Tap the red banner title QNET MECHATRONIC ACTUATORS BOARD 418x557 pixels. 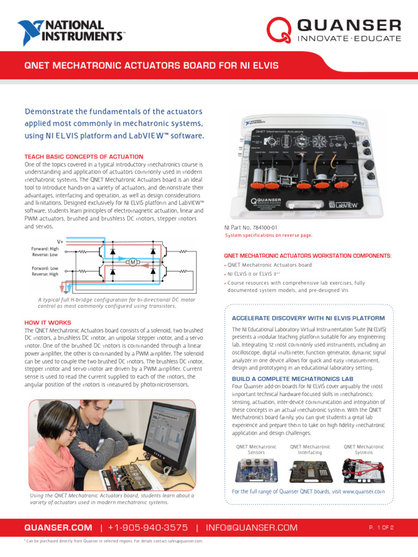(x=152, y=66)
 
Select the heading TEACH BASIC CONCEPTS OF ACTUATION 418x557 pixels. (x=84, y=157)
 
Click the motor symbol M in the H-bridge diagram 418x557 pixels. (x=132, y=263)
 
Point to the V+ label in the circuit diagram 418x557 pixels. (x=60, y=241)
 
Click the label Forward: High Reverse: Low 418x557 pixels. (x=45, y=252)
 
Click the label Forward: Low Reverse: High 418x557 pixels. (x=45, y=271)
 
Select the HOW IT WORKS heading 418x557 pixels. (x=48, y=323)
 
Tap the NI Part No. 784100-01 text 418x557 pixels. (x=251, y=227)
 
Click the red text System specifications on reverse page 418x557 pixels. (x=269, y=236)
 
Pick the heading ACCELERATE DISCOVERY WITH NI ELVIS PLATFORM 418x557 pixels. (x=308, y=318)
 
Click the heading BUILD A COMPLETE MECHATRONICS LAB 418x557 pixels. (x=293, y=378)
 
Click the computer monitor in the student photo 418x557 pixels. (x=169, y=435)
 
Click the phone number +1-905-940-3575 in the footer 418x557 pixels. (x=148, y=528)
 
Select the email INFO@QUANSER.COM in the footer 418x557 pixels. (x=251, y=528)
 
